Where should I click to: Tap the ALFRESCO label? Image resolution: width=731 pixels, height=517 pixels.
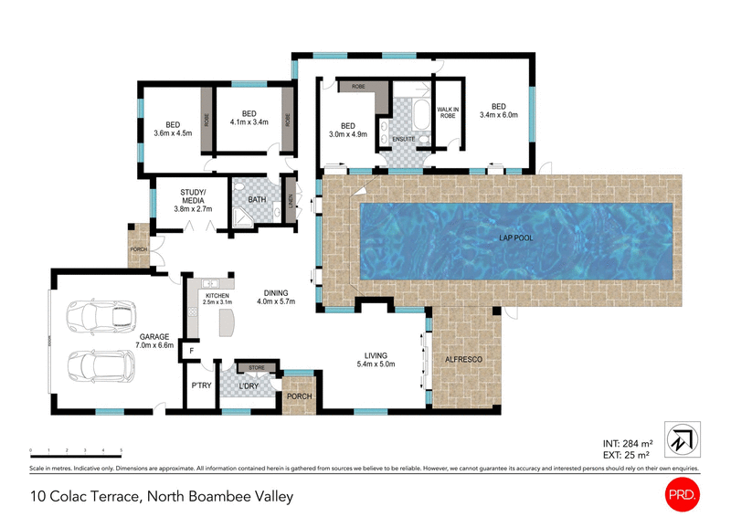(462, 361)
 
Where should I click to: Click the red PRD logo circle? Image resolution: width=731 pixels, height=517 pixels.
(682, 494)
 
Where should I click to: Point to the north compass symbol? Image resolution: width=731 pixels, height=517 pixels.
(683, 438)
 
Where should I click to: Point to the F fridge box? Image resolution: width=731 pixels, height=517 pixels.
(192, 350)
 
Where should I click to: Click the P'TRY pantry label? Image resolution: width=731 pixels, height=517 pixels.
(201, 386)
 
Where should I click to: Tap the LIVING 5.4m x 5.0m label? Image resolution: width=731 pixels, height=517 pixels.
(376, 360)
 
